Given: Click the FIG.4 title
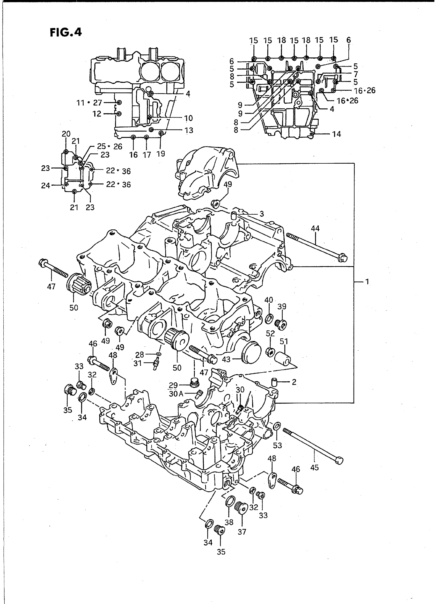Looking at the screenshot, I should click(65, 32).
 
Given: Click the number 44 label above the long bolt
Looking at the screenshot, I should click(315, 228).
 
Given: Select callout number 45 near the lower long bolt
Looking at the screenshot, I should click(314, 467).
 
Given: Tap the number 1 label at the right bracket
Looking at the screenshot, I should click(367, 281).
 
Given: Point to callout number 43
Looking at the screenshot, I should click(226, 359).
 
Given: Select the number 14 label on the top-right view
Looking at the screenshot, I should click(337, 134).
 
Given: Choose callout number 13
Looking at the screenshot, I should click(189, 130).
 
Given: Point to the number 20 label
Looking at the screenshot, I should click(66, 134).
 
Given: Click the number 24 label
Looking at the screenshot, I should click(46, 185).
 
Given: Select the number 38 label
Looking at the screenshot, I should click(229, 522).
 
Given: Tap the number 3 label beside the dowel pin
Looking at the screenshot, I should click(262, 214).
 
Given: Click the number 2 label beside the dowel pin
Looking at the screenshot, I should click(294, 382).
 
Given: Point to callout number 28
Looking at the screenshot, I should click(140, 355).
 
